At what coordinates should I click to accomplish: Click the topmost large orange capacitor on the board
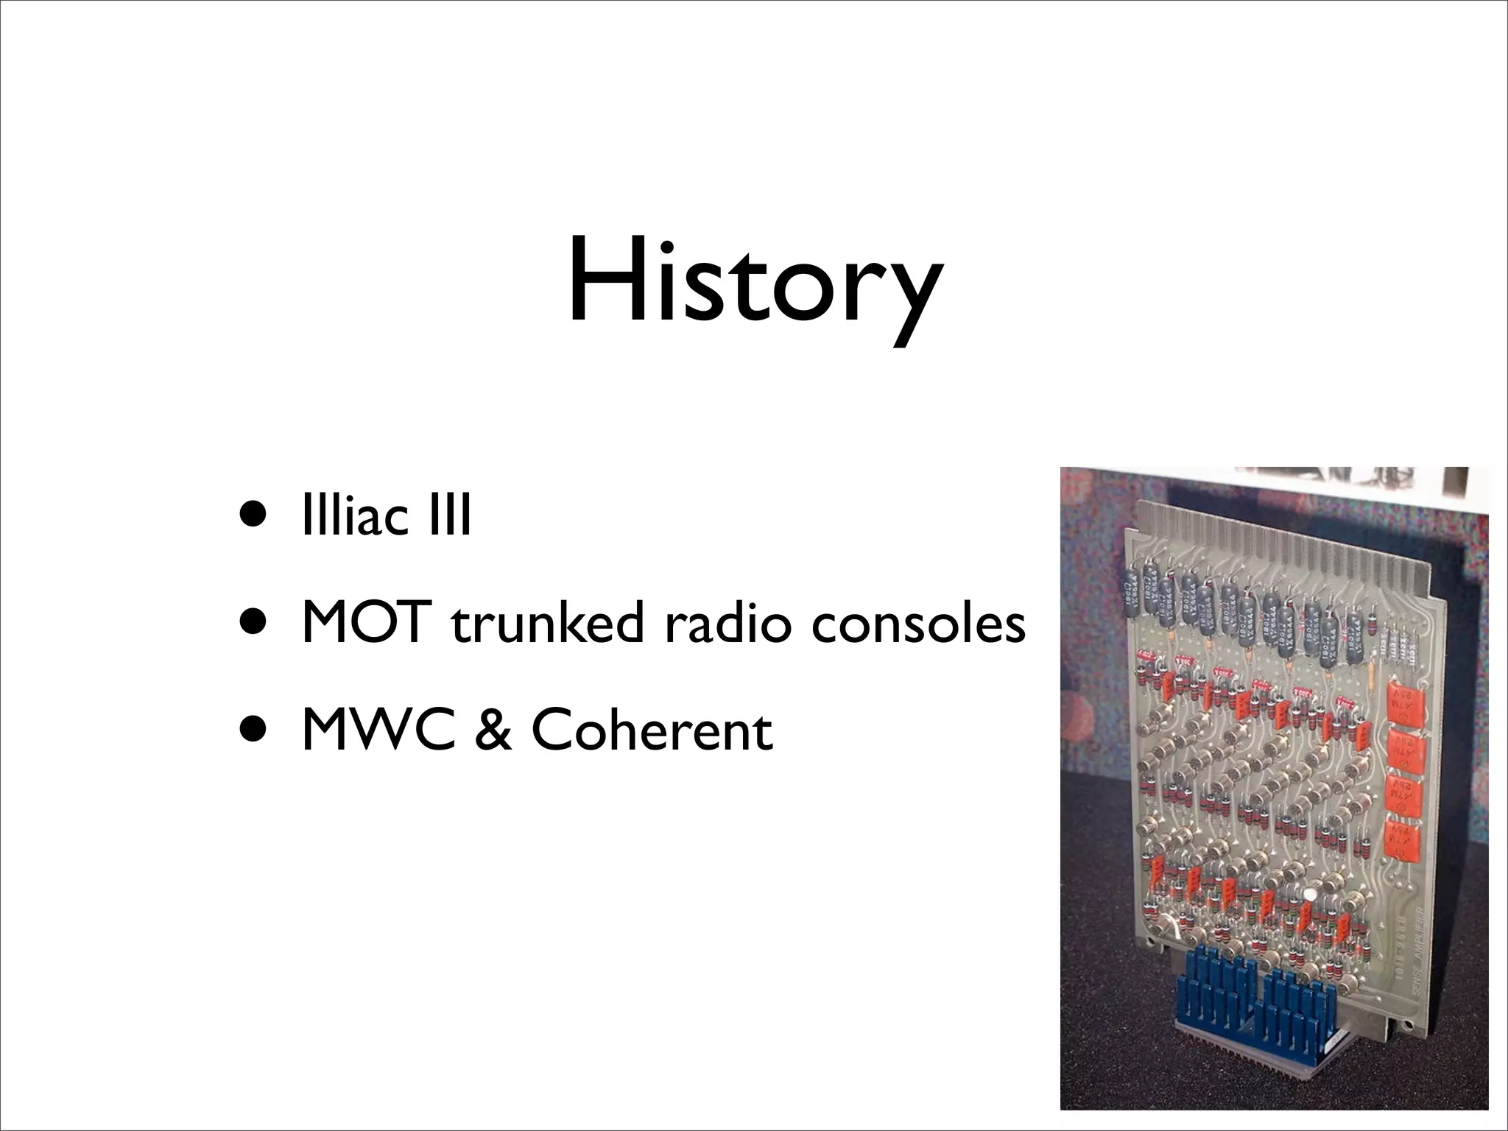point(1404,703)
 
